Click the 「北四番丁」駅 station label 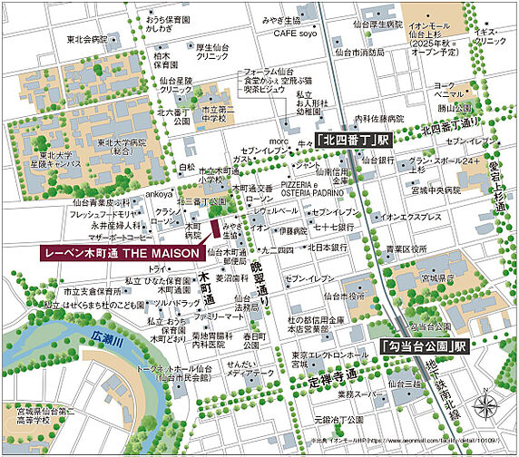click(352, 141)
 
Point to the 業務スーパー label click(357, 395)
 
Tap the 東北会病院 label click(86, 40)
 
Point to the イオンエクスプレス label click(411, 219)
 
